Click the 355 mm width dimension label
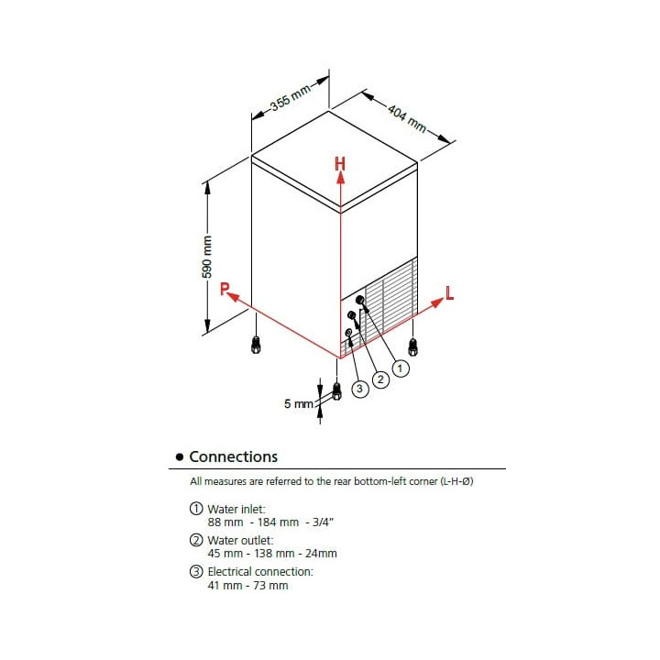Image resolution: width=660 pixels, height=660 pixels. coord(291,97)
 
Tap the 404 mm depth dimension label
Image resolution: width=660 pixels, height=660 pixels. coord(407,118)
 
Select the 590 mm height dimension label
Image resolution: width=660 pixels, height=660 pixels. coord(207,258)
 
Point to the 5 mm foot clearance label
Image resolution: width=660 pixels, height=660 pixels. coord(299,403)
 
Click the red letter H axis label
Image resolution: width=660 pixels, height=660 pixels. coord(340,164)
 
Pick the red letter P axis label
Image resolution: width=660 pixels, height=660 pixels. coord(225,289)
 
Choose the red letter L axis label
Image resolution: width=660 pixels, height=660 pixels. coord(449,293)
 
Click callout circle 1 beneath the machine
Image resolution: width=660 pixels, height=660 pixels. coord(401,368)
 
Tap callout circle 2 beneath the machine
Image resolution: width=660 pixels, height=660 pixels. coord(380,379)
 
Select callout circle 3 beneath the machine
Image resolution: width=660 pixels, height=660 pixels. coord(359,389)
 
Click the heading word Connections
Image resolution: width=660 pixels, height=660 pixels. coord(233,456)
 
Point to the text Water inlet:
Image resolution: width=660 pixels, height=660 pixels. coord(236,509)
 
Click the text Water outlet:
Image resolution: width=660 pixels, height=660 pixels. coord(240,540)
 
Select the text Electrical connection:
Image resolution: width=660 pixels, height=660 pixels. coord(260,572)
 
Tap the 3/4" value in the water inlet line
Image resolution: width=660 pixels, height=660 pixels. coord(323,522)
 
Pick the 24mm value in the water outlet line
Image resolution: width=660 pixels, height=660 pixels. coord(321,554)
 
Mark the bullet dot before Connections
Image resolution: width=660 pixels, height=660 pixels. coord(180,457)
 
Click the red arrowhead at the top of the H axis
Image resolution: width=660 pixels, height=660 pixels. coord(340,177)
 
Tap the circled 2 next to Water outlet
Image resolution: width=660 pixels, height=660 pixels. coord(196,540)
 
